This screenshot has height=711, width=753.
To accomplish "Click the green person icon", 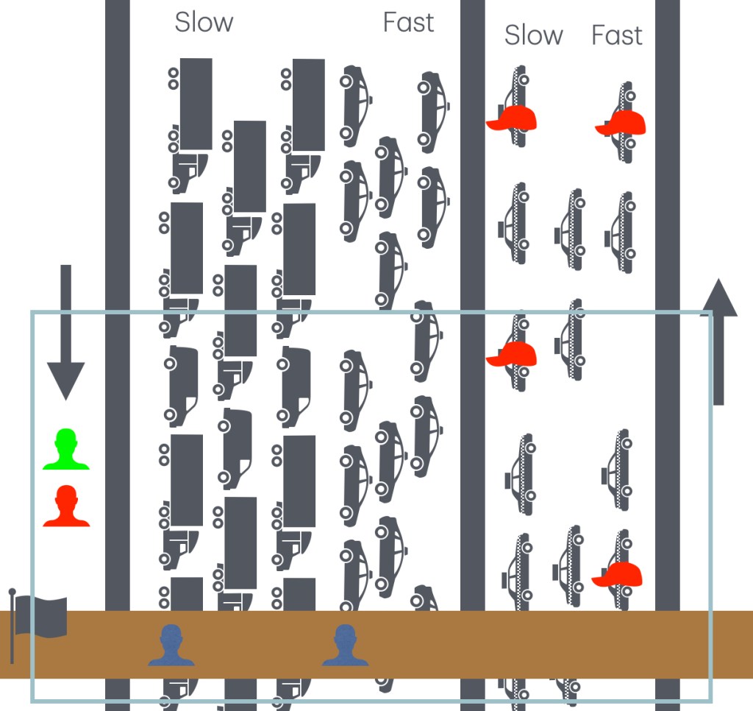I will [66, 450].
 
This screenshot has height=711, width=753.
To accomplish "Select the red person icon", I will [66, 506].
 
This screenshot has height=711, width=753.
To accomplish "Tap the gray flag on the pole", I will [40, 616].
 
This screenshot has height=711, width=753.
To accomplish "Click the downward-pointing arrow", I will [65, 331].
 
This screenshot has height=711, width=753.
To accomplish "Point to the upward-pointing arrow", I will [718, 342].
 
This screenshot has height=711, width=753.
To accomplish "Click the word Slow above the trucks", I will [204, 22].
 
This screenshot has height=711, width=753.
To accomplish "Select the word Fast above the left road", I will [408, 22].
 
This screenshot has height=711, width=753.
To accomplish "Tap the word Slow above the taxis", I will [533, 35].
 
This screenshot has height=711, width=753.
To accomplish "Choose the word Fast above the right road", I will [616, 35].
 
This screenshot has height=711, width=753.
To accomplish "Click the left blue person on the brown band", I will [171, 645].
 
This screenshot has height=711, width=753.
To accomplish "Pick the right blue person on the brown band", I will [345, 645].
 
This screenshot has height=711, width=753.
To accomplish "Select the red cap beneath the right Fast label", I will [621, 123].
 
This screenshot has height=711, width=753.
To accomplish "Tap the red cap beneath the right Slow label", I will [512, 118].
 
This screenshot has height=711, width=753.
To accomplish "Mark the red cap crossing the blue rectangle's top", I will [512, 353].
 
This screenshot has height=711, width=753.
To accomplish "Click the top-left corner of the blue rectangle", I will [32, 312].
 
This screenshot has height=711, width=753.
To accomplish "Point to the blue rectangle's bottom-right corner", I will [710, 700].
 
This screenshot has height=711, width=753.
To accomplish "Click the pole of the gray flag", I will [13, 626].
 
